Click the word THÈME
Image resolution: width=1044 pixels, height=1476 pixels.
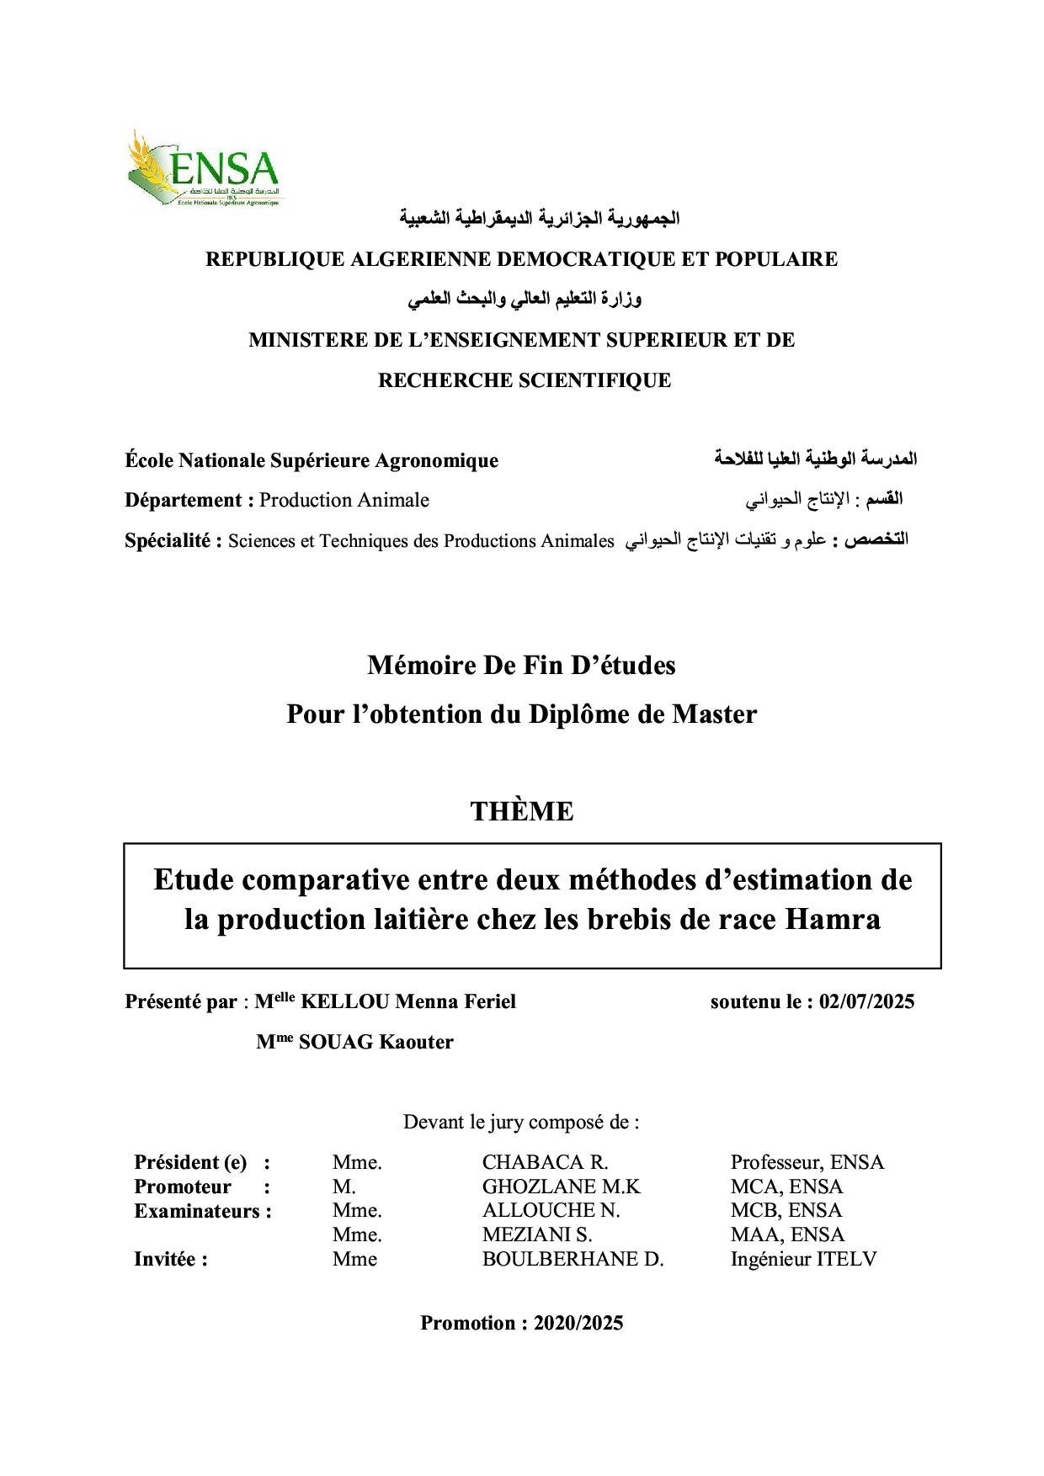point(522,811)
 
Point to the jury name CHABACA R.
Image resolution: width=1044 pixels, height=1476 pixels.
point(545,1162)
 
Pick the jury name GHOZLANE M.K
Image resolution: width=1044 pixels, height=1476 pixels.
point(561,1187)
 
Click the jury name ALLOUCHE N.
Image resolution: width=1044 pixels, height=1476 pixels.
point(551,1211)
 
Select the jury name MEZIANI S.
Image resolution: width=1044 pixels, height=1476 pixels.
point(537,1234)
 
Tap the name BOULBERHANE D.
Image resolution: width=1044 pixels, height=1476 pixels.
point(573,1259)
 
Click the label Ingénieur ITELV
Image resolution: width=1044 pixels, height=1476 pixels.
point(803,1259)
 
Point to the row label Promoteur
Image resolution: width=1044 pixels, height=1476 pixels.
point(182,1187)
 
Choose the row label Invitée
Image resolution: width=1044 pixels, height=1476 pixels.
point(166,1259)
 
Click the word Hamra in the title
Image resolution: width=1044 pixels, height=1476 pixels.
point(833,919)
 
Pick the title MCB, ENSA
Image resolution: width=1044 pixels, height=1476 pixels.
point(786,1211)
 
